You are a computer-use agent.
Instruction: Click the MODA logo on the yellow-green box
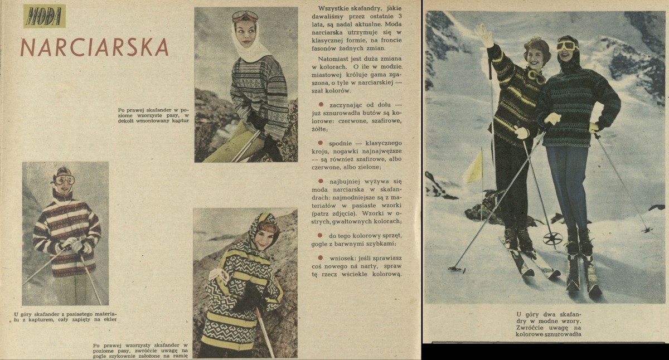[44, 16]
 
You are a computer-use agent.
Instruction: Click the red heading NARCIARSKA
[94, 48]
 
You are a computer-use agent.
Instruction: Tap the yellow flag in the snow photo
[473, 167]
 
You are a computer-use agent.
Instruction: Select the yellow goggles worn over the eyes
[567, 46]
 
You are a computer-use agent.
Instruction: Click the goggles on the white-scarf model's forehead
[245, 16]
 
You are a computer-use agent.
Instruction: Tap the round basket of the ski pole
[552, 239]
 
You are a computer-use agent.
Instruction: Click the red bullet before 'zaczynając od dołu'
[321, 104]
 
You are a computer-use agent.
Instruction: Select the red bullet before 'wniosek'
[321, 257]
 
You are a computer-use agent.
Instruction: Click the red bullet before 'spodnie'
[321, 143]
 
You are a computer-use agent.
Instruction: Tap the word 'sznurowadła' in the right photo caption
[563, 334]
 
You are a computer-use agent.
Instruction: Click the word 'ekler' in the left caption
[110, 319]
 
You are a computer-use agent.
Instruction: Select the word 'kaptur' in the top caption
[181, 120]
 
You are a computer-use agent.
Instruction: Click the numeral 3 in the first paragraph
[400, 16]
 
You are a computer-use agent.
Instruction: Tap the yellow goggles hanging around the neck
[536, 76]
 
